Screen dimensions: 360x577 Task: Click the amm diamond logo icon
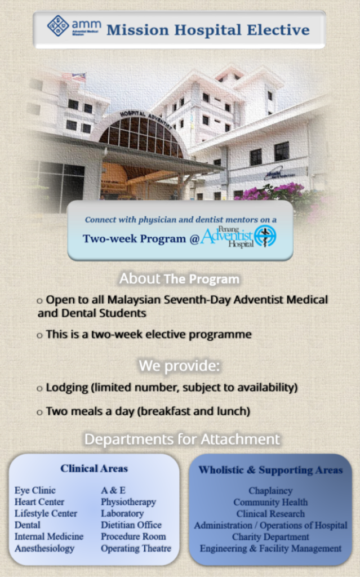point(58,26)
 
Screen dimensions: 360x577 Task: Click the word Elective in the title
point(278,30)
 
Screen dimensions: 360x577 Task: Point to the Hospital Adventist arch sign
point(146,118)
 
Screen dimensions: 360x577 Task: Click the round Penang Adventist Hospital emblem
point(265,236)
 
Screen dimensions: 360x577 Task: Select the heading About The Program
point(179,279)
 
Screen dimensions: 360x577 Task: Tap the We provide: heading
point(179,366)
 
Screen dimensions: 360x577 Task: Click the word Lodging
point(67,388)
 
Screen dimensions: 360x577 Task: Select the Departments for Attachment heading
point(182,440)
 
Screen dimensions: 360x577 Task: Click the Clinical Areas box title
point(94,468)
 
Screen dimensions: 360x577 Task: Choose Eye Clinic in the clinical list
point(35,491)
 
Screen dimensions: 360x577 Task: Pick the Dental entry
point(28,525)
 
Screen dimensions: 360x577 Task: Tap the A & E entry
point(113,491)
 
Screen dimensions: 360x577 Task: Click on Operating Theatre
point(136,548)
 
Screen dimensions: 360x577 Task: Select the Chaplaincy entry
point(270,491)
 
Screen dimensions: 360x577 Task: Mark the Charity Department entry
point(270,537)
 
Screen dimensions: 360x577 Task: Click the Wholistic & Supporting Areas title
point(270,470)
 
